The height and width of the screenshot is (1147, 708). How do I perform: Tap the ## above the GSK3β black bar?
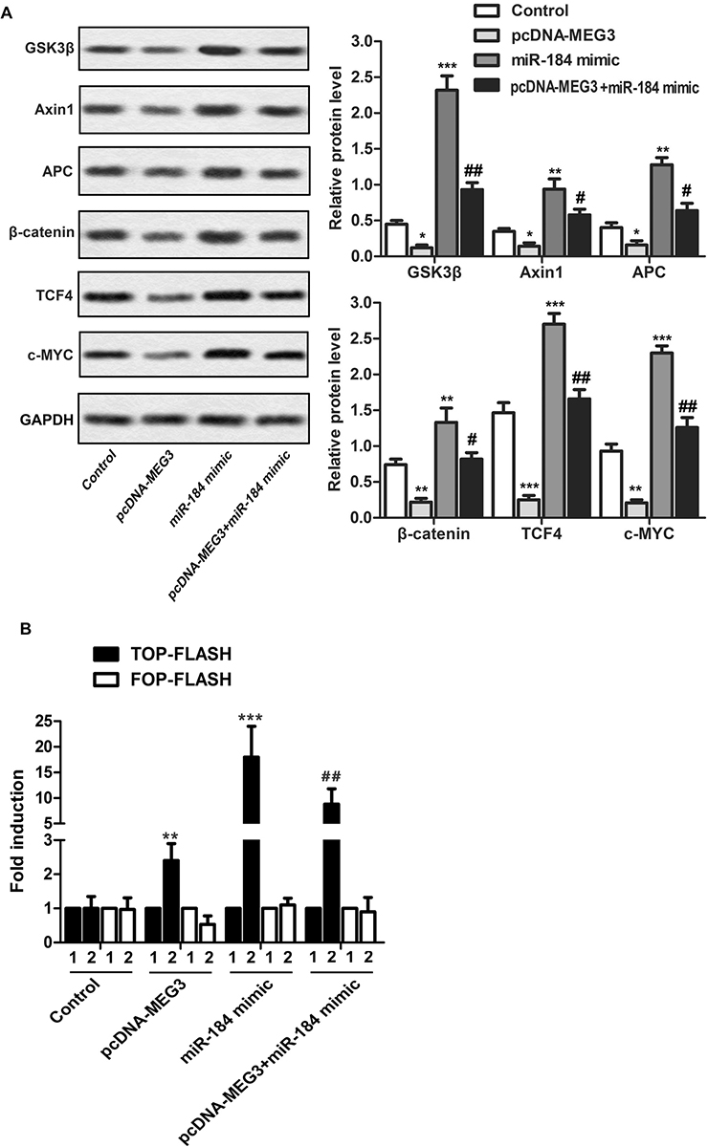coord(499,171)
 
